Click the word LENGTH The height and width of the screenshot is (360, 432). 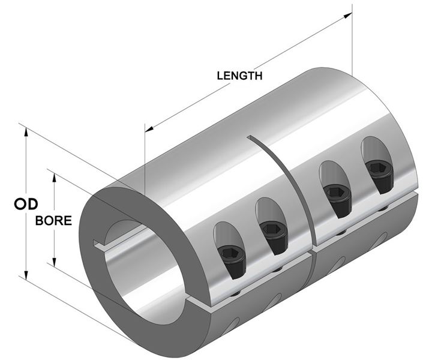239,76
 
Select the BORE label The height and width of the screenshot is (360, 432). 54,220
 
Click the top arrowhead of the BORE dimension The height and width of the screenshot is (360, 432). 55,178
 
